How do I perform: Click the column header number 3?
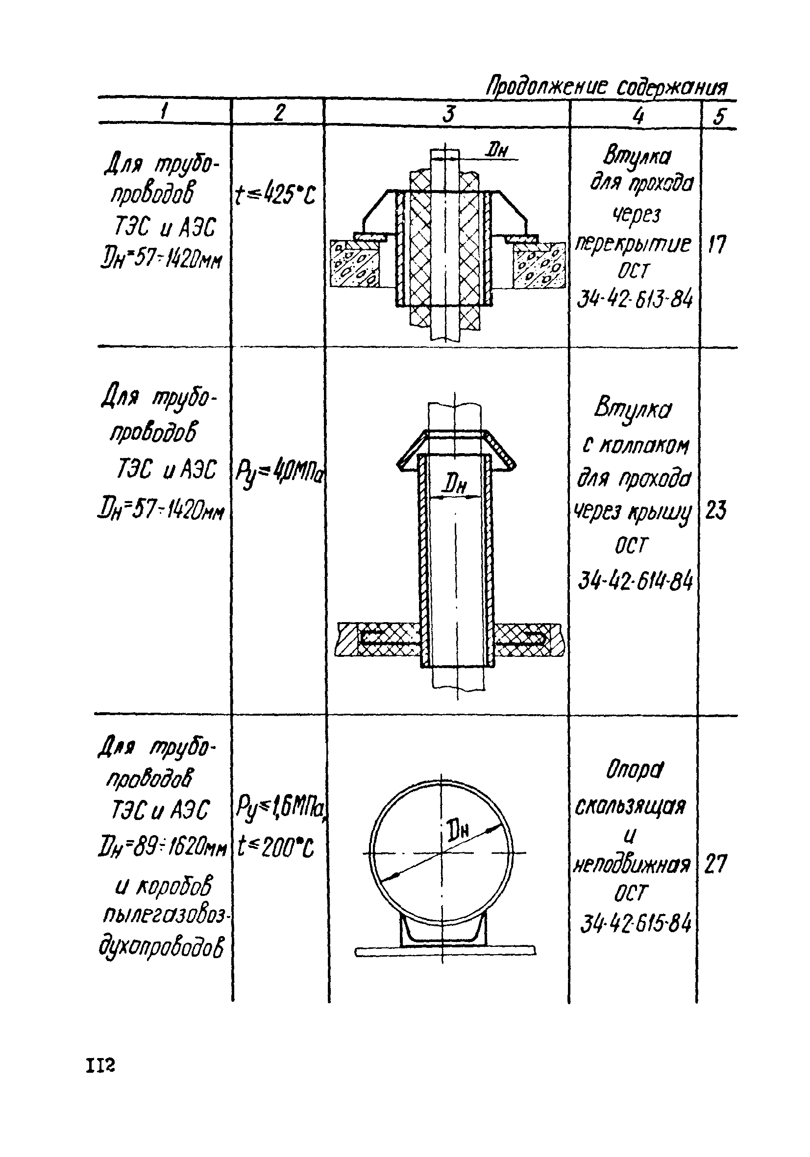448,113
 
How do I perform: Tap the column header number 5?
719,117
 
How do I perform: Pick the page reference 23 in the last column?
716,512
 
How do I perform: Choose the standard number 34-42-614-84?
635,581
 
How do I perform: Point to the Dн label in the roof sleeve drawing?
454,485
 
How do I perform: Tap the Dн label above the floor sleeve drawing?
496,150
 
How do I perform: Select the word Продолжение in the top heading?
546,87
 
